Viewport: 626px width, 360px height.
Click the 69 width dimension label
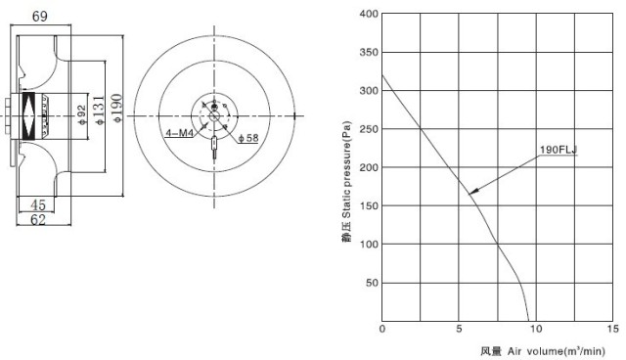pos(39,17)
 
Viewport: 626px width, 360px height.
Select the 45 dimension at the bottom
pos(38,205)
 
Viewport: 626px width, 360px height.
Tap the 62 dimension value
pos(38,219)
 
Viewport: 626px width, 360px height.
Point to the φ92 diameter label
pos(82,114)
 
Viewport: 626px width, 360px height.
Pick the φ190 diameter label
pos(116,108)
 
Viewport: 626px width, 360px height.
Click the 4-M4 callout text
pos(179,133)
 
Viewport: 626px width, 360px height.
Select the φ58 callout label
pos(248,138)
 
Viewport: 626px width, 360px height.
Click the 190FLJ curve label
pos(559,150)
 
